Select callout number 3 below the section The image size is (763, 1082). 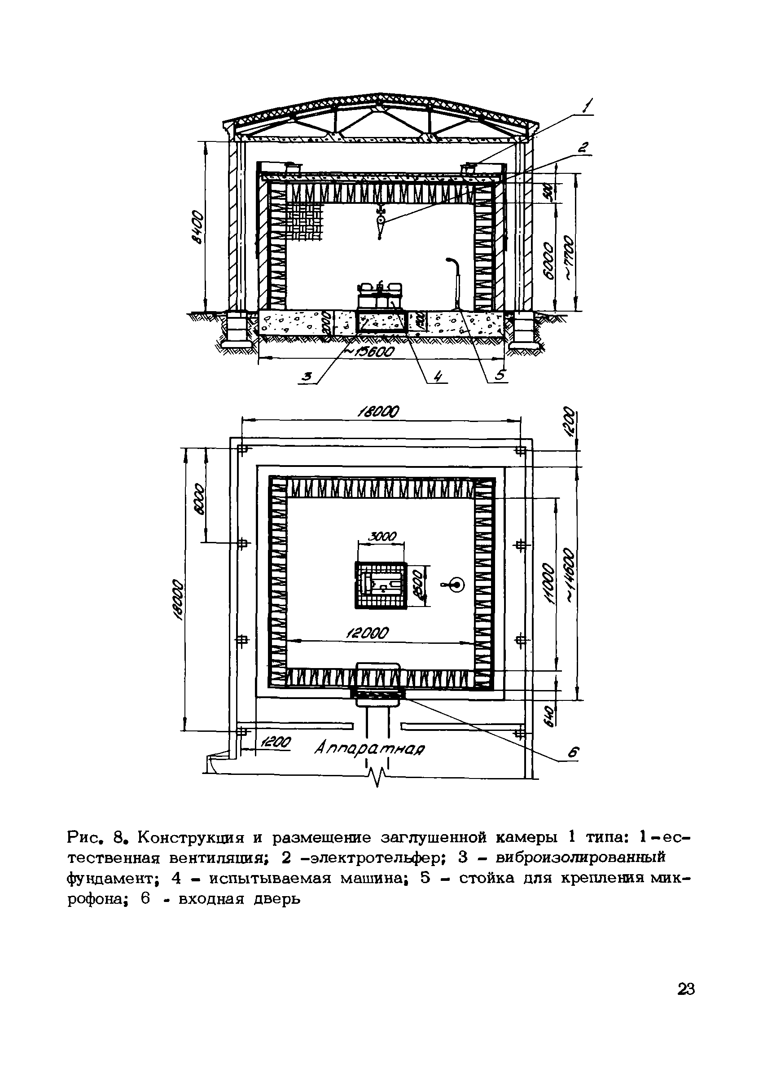tap(307, 377)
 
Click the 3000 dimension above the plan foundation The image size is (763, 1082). tap(382, 537)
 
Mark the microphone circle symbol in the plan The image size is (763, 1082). tap(456, 585)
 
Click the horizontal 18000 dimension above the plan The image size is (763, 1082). tap(378, 412)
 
